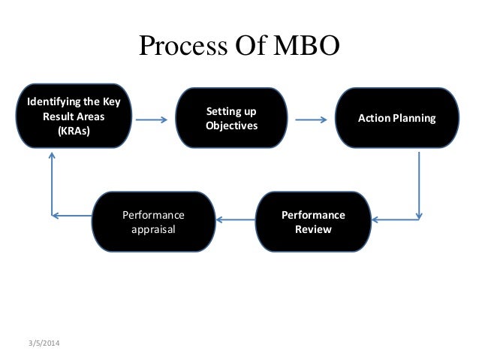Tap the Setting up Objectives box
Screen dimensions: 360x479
231,119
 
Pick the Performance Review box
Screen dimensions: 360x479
313,222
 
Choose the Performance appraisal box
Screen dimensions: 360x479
153,222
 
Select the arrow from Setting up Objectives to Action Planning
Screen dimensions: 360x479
310,119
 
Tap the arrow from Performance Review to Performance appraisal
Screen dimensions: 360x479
235,219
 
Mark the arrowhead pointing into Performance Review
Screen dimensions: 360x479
376,219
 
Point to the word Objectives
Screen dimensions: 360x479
231,126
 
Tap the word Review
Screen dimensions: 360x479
313,229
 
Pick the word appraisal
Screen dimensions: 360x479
153,229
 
